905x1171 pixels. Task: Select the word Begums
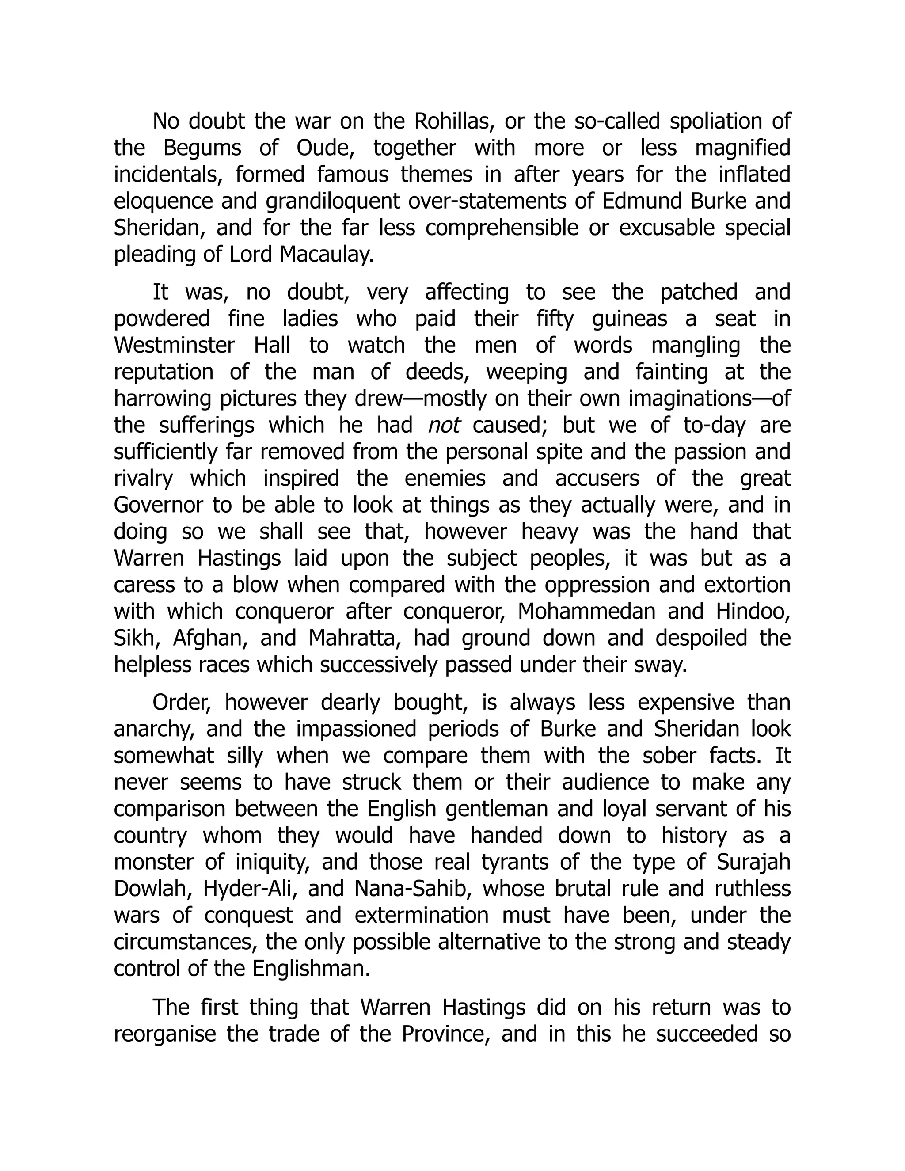[x=202, y=148]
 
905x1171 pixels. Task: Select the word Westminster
[x=174, y=345]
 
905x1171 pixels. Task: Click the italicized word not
[x=444, y=425]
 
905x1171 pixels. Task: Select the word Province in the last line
[x=445, y=1034]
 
